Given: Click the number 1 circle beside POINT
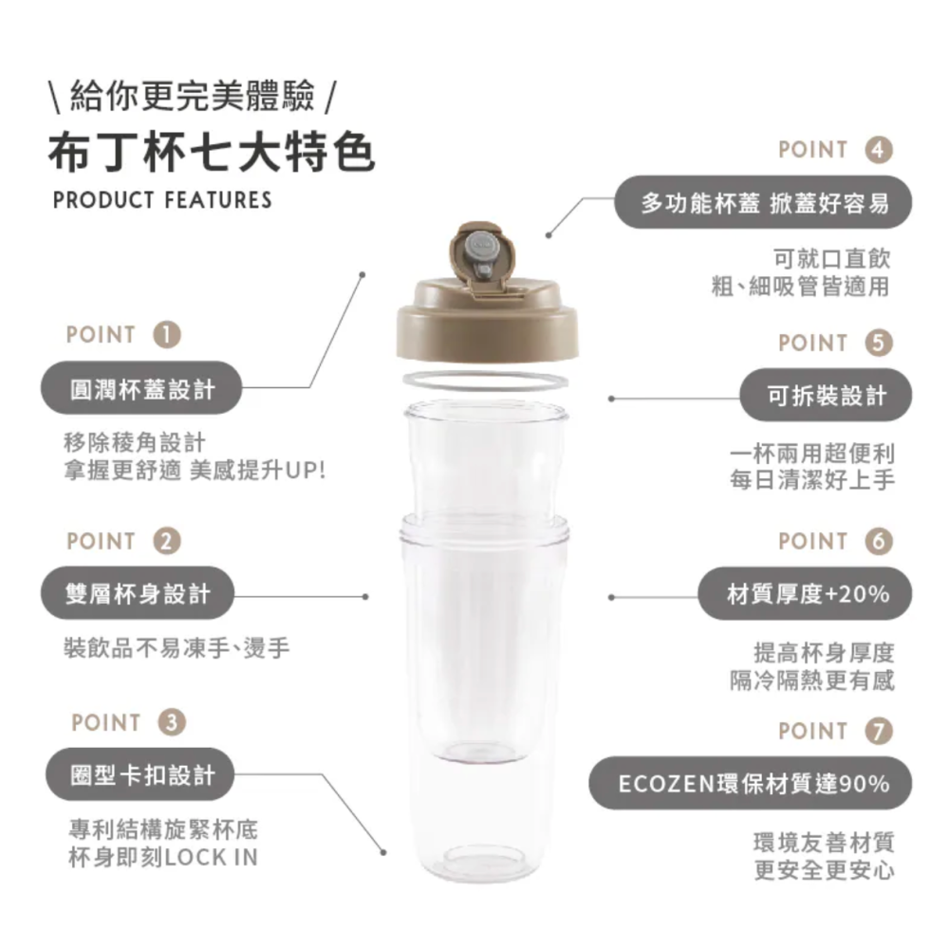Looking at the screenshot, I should point(167,334).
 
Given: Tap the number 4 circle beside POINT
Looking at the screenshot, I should point(880,150).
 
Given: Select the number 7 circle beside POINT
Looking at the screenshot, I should point(880,731).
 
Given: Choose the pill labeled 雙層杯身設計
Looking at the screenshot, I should point(137,594).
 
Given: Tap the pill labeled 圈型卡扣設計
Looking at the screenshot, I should point(142,776).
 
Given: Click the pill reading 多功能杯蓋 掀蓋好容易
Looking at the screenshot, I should point(764,202).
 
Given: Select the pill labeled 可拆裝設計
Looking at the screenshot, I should point(827,396).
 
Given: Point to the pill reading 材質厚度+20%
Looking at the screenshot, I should point(807,594).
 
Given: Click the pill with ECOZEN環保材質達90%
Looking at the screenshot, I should point(753,784).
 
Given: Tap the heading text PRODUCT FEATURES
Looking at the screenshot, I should point(162,200).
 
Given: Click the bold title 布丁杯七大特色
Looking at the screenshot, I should point(212,153).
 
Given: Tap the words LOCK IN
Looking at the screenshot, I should point(212,858).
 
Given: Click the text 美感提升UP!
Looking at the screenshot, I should point(257,471).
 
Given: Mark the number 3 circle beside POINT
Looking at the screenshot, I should point(172,722).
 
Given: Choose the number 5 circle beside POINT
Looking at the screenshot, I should point(880,343).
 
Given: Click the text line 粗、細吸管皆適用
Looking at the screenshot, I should point(802,286).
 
